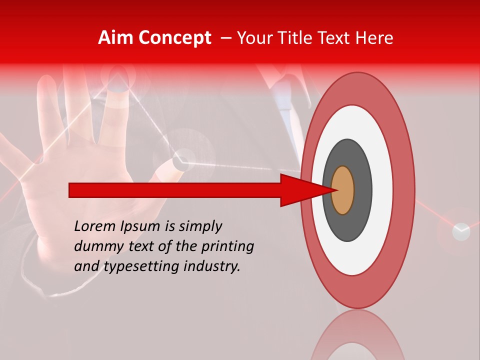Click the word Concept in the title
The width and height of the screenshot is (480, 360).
tap(174, 38)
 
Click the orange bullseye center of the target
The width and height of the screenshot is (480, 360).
tap(343, 190)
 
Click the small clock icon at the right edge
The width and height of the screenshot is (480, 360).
tap(461, 231)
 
